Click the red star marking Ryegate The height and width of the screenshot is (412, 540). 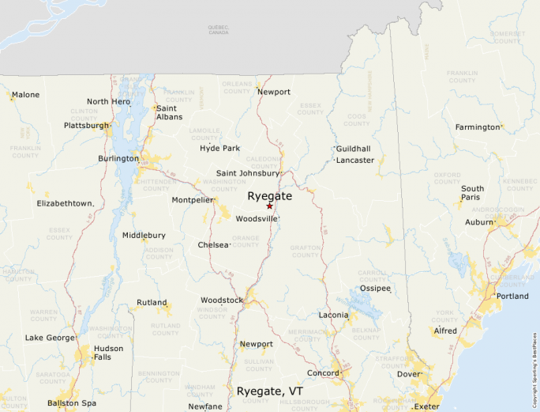pos(269,206)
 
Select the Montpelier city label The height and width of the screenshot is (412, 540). pos(193,200)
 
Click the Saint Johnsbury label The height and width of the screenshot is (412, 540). pos(248,173)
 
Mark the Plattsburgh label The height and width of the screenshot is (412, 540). pos(86,125)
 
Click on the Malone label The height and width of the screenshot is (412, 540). pos(25,95)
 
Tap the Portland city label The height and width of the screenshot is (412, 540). pos(512,296)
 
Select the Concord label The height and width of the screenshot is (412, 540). pos(323,372)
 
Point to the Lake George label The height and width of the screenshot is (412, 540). pos(50,338)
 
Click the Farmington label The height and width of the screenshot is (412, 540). pos(478,127)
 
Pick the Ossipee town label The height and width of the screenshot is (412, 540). pos(375,289)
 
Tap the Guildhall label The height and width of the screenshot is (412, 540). pos(353,149)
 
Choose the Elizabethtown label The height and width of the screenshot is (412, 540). pos(66,203)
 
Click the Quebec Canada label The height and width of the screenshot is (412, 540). pos(218,30)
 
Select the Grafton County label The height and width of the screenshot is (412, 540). pos(305,251)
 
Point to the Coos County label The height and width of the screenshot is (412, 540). pos(357,120)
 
